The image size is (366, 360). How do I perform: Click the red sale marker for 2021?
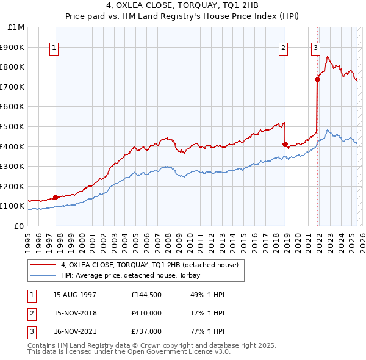pyautogui.click(x=318, y=79)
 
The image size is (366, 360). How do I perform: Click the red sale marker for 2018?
pyautogui.click(x=285, y=145)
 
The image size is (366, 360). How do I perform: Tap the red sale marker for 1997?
pyautogui.click(x=56, y=197)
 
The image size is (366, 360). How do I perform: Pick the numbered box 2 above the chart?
pyautogui.click(x=284, y=48)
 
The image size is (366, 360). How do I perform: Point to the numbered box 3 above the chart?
pyautogui.click(x=316, y=48)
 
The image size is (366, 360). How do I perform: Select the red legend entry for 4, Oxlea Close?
pyautogui.click(x=152, y=265)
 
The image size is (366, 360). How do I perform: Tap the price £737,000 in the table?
pyautogui.click(x=146, y=331)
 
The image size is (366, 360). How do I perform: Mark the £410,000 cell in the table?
pyautogui.click(x=146, y=313)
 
